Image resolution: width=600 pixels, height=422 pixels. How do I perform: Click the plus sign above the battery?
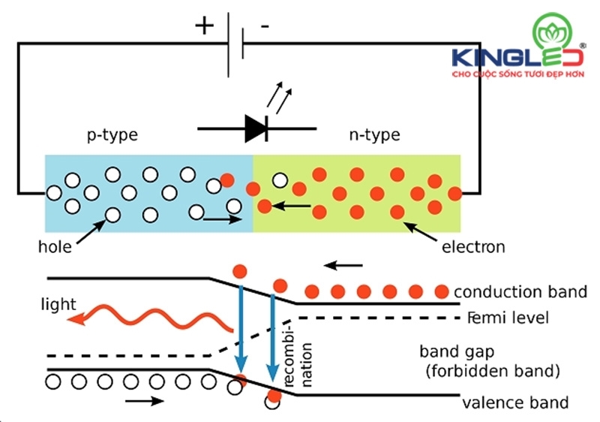pyautogui.click(x=204, y=26)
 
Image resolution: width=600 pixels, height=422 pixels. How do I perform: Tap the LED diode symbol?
pyautogui.click(x=256, y=130)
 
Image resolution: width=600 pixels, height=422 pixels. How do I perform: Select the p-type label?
pyautogui.click(x=112, y=136)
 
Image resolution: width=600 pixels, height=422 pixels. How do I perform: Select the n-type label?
pyautogui.click(x=374, y=136)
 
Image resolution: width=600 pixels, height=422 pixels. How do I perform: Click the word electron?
pyautogui.click(x=474, y=246)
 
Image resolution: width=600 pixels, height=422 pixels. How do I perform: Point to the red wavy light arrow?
pyautogui.click(x=150, y=316)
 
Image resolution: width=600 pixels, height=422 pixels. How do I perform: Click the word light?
pyautogui.click(x=58, y=304)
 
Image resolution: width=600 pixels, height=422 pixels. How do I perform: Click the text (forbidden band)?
pyautogui.click(x=490, y=370)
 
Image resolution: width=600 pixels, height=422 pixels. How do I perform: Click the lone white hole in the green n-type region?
pyautogui.click(x=280, y=180)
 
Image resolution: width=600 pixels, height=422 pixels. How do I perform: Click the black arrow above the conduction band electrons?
pyautogui.click(x=346, y=264)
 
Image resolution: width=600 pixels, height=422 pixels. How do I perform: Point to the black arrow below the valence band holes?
pyautogui.click(x=145, y=401)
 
